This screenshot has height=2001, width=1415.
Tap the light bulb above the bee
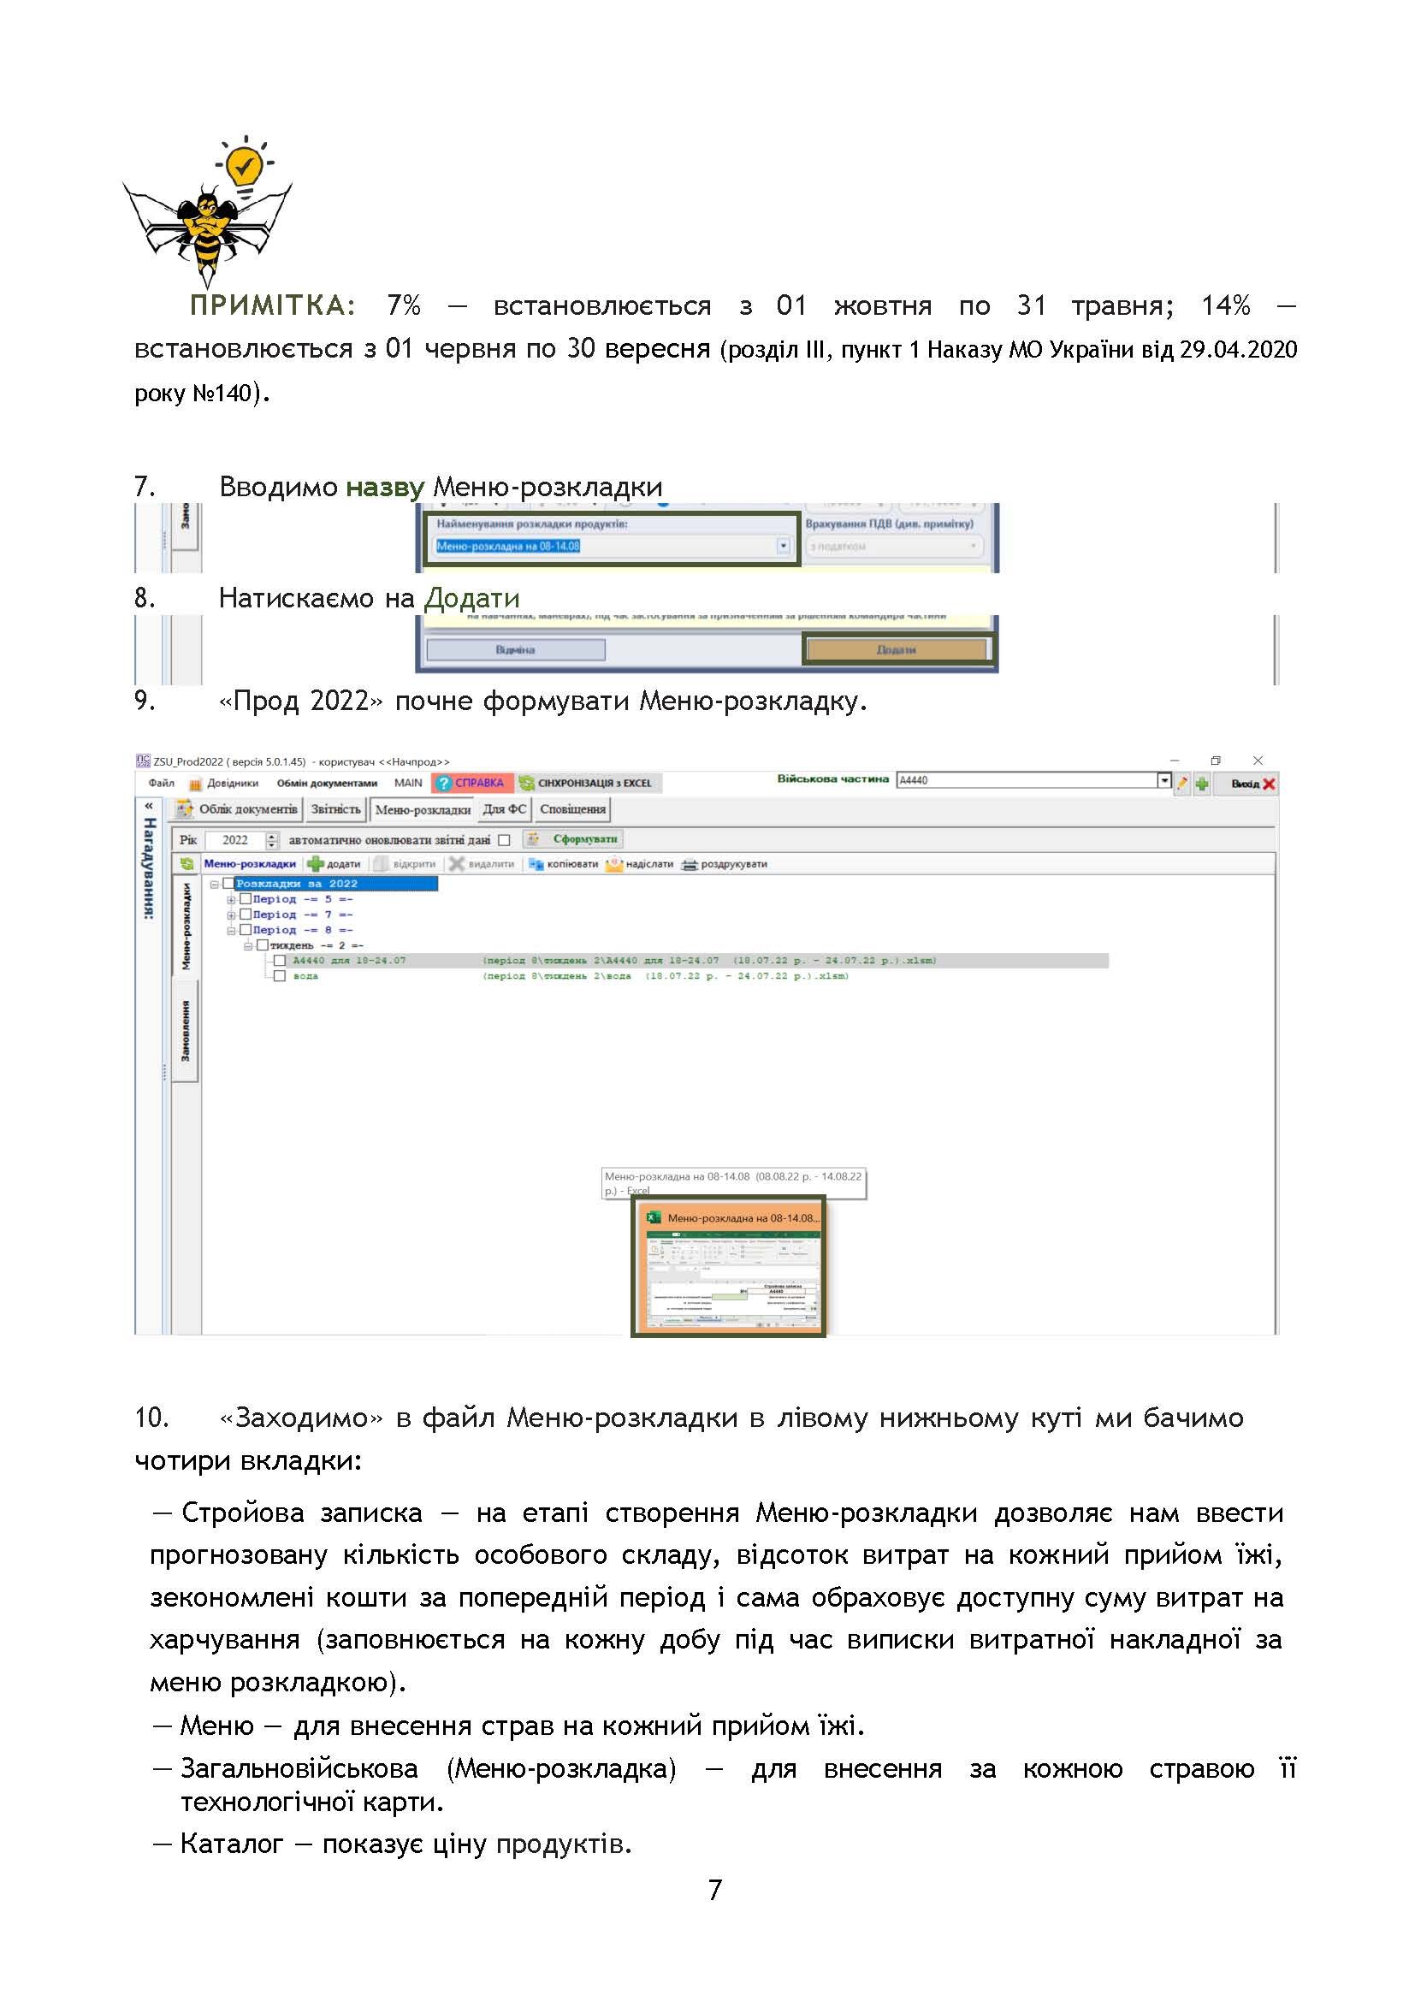click(x=244, y=163)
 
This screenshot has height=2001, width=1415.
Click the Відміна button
click(x=515, y=650)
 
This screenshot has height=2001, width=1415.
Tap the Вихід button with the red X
click(x=1252, y=784)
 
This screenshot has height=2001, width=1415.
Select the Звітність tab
click(x=335, y=808)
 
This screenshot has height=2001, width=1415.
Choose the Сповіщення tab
click(x=572, y=808)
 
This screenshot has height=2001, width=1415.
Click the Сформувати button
click(x=576, y=839)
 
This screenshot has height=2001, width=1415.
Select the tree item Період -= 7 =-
click(x=302, y=915)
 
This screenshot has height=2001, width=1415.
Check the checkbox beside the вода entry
click(x=280, y=976)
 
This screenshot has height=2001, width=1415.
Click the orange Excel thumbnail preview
click(x=728, y=1269)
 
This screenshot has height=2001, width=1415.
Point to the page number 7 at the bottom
click(x=714, y=1891)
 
